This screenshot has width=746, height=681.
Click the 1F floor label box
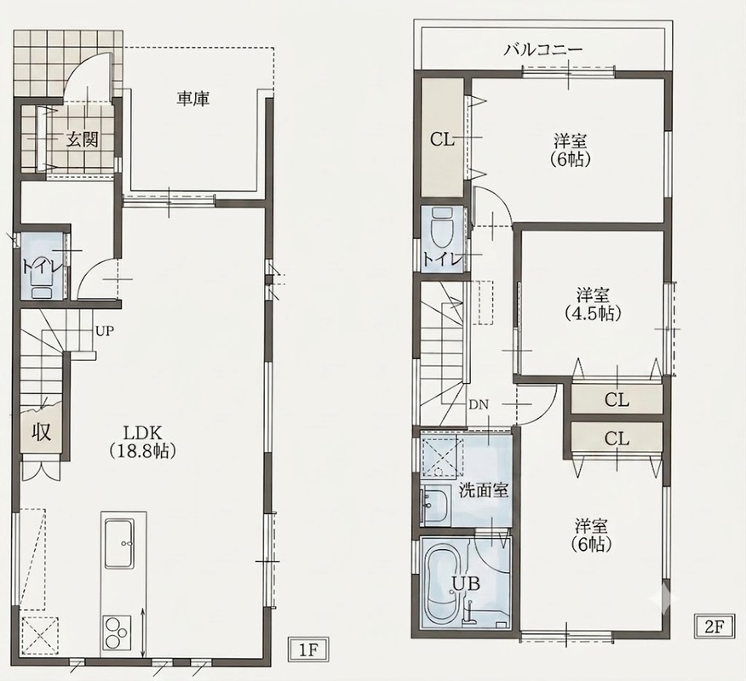pos(308,650)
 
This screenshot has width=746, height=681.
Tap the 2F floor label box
pos(713,627)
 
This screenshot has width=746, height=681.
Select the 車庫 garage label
pos(193,99)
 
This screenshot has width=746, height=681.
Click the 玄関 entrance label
pos(83,140)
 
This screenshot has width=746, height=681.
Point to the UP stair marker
pos(105,331)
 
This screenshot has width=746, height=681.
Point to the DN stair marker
pos(479,405)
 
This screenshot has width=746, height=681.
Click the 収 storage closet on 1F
pos(42,432)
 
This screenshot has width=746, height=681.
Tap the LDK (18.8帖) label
pos(144,442)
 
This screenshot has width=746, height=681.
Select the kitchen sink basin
pos(119,543)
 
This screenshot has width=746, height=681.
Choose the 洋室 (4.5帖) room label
pos(594,305)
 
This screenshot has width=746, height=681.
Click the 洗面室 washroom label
pos(484,490)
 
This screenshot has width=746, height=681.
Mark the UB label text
pos(467,583)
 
